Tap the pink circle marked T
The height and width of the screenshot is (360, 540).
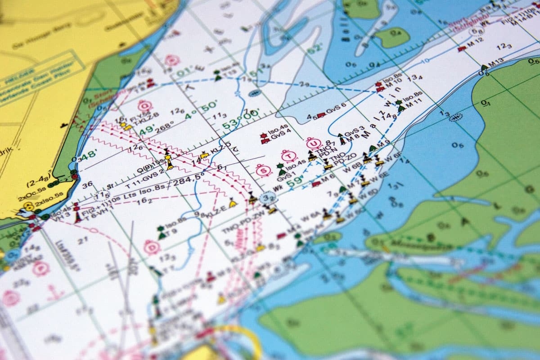[x=288, y=156]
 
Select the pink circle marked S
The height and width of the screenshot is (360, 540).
[x=262, y=170]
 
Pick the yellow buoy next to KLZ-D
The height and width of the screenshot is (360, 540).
[x=204, y=155]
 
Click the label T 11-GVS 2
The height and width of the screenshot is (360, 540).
[x=145, y=180]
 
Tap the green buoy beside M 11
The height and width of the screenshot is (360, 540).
[x=400, y=106]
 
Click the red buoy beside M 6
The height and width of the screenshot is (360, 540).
[x=316, y=183]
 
